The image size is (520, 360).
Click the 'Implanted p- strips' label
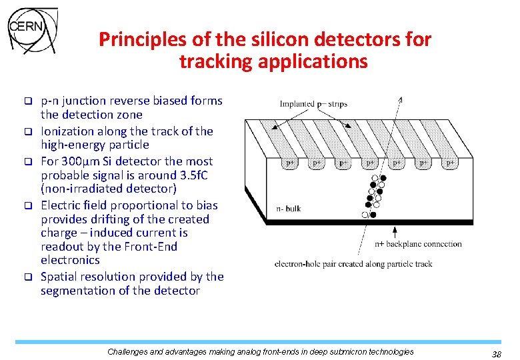pos(313,104)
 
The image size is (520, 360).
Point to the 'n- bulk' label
pos(288,209)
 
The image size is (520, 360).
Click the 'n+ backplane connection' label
pos(418,244)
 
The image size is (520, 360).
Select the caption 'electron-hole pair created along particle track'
pos(353,264)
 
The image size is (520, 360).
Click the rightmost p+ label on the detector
pos(451,163)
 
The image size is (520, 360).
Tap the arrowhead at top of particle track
pos(399,100)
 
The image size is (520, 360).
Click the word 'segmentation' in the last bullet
pos(75,291)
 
